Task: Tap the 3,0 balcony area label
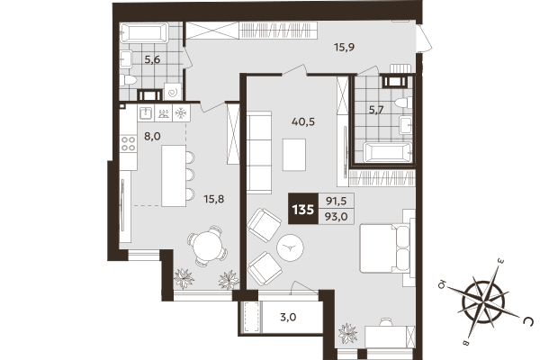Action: pyautogui.click(x=288, y=317)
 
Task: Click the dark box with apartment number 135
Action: pyautogui.click(x=301, y=211)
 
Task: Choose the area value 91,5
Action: pyautogui.click(x=335, y=202)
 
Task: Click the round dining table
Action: pyautogui.click(x=207, y=246)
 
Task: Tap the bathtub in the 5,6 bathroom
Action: pyautogui.click(x=145, y=34)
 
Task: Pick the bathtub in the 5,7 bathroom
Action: pyautogui.click(x=384, y=150)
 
